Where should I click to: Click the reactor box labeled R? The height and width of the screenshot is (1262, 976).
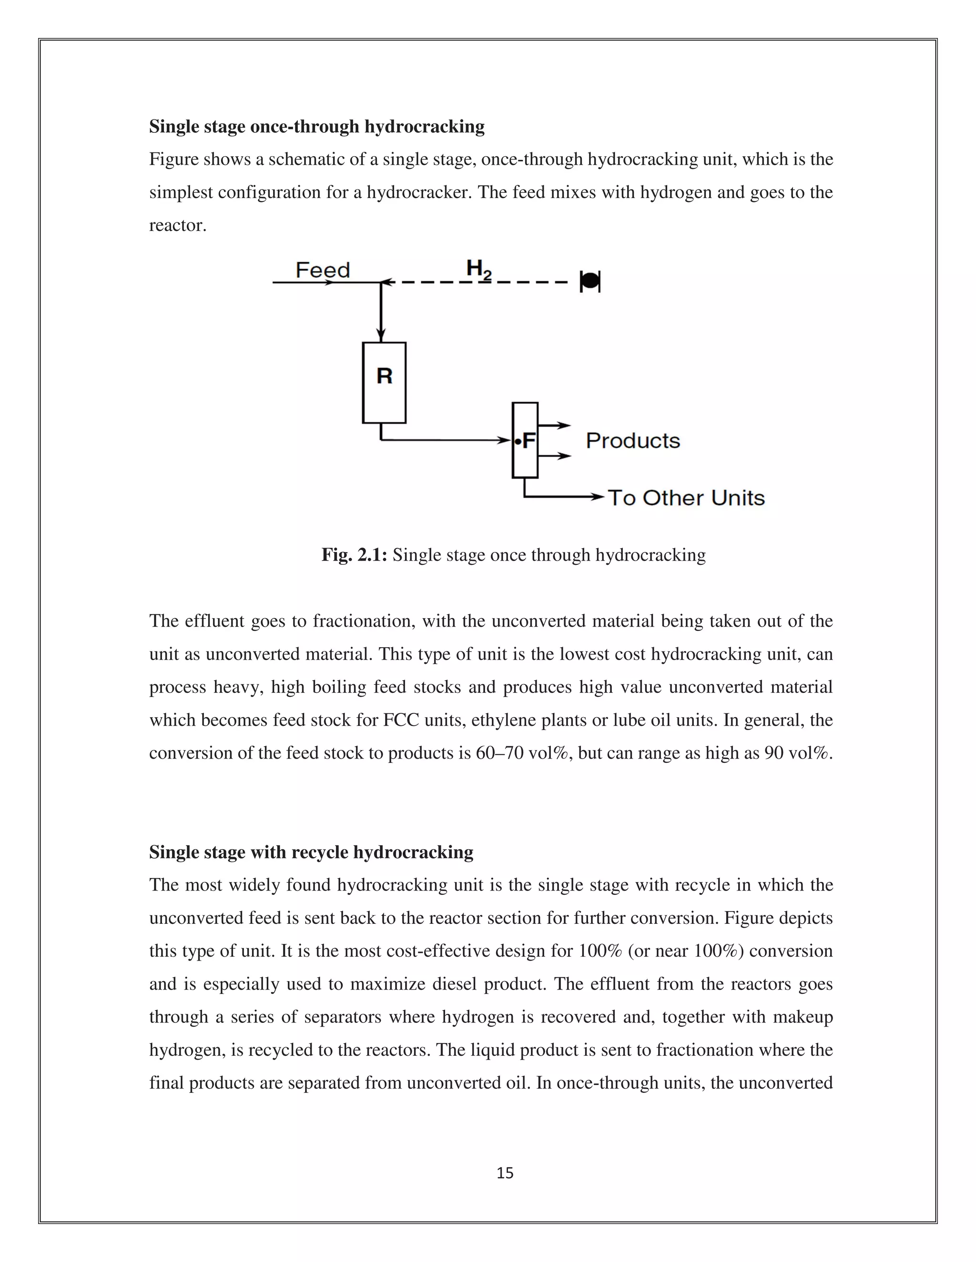384,382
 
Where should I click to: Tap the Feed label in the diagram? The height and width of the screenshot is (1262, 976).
323,270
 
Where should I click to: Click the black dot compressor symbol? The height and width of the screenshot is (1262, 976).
589,281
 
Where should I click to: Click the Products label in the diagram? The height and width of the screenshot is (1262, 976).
632,441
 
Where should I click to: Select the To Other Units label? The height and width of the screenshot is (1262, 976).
686,498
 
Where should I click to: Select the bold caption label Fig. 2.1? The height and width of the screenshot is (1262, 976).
354,555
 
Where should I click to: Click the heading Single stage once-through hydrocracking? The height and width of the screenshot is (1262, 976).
317,127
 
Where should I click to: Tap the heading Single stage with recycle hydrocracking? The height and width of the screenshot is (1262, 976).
311,852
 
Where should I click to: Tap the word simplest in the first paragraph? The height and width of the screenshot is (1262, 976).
181,192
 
